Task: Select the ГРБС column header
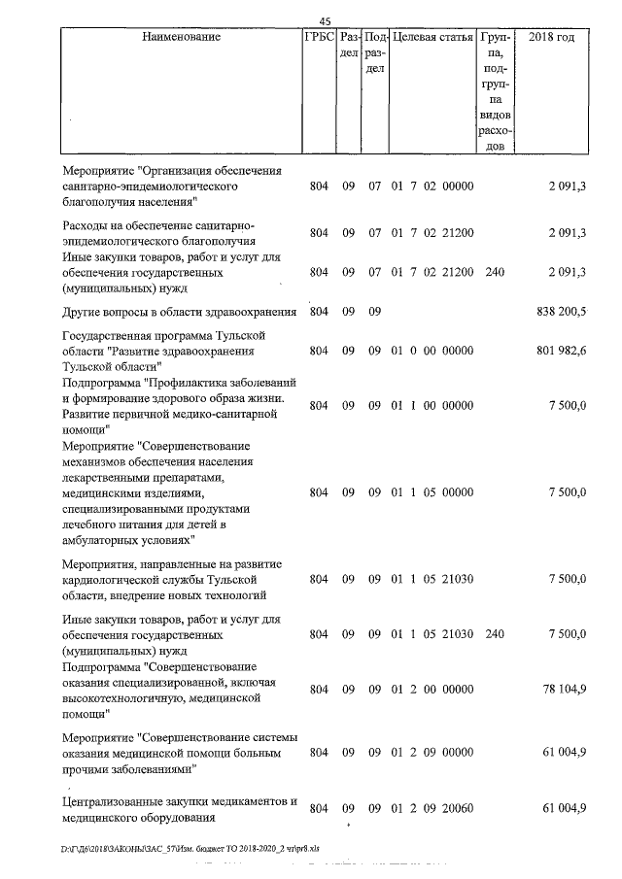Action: (x=319, y=37)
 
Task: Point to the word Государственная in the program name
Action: (x=108, y=335)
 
